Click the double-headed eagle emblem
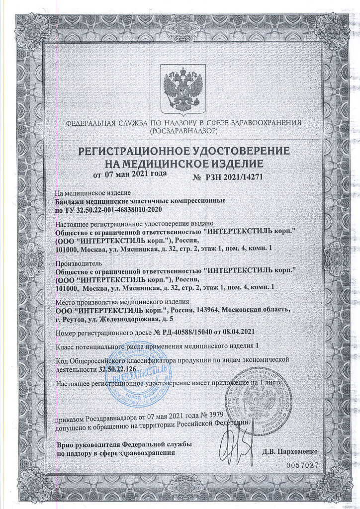pos(180,91)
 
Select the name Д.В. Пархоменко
pos(290,452)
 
